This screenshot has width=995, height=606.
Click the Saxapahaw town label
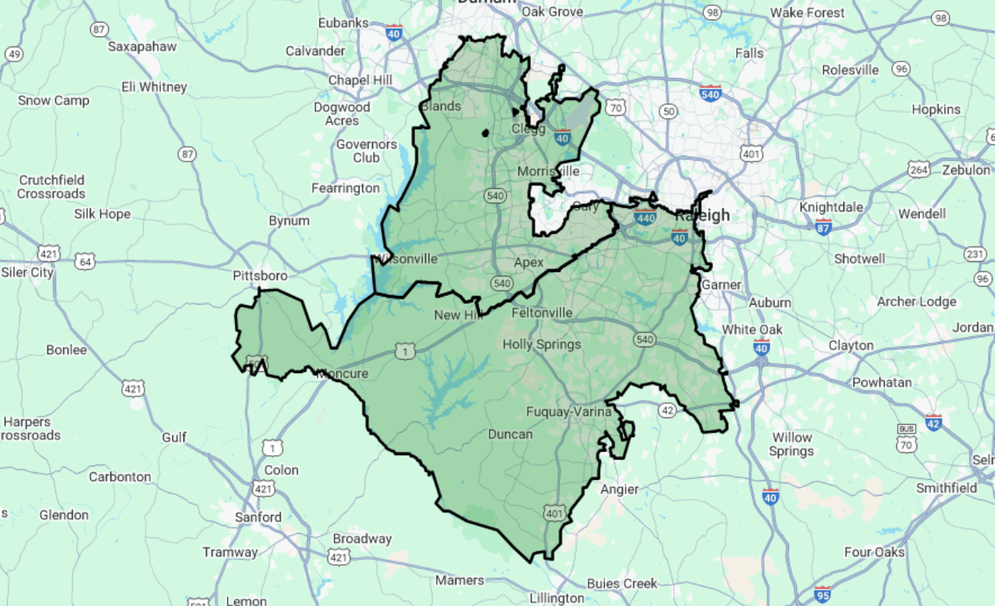[142, 47]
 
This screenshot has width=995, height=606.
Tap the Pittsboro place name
[260, 276]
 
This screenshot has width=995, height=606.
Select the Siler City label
[27, 272]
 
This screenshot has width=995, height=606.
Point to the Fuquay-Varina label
[569, 411]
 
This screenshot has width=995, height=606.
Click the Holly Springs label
[542, 344]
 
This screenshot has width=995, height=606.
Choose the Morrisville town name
[549, 171]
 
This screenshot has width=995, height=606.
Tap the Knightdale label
[831, 207]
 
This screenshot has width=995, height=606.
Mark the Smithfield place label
[946, 488]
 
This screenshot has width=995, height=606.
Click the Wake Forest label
[807, 12]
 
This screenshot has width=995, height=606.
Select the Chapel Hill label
[360, 80]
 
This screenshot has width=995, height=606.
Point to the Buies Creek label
[622, 583]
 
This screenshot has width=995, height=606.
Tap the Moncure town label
[343, 374]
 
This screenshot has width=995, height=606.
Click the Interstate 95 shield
[822, 594]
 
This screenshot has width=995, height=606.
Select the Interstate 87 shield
[824, 226]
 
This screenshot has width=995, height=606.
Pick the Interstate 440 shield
[645, 217]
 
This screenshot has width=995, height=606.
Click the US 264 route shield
[919, 169]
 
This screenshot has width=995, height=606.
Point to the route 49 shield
[14, 54]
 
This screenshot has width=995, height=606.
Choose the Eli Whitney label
[154, 87]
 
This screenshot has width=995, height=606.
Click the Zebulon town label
[966, 170]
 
